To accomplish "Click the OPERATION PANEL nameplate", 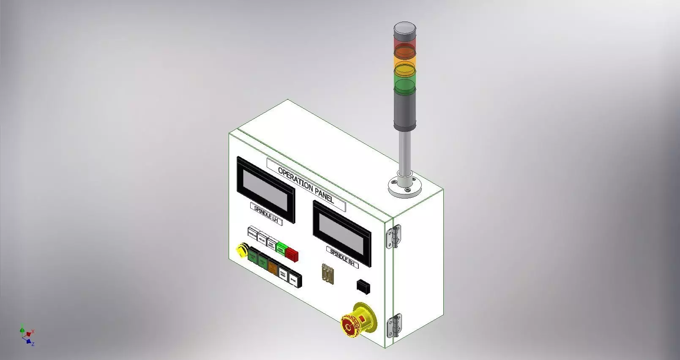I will click(x=306, y=185).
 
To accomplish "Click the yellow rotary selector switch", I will click(x=241, y=251).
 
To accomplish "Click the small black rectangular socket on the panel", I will click(x=363, y=286).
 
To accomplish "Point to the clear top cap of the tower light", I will click(x=405, y=30).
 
